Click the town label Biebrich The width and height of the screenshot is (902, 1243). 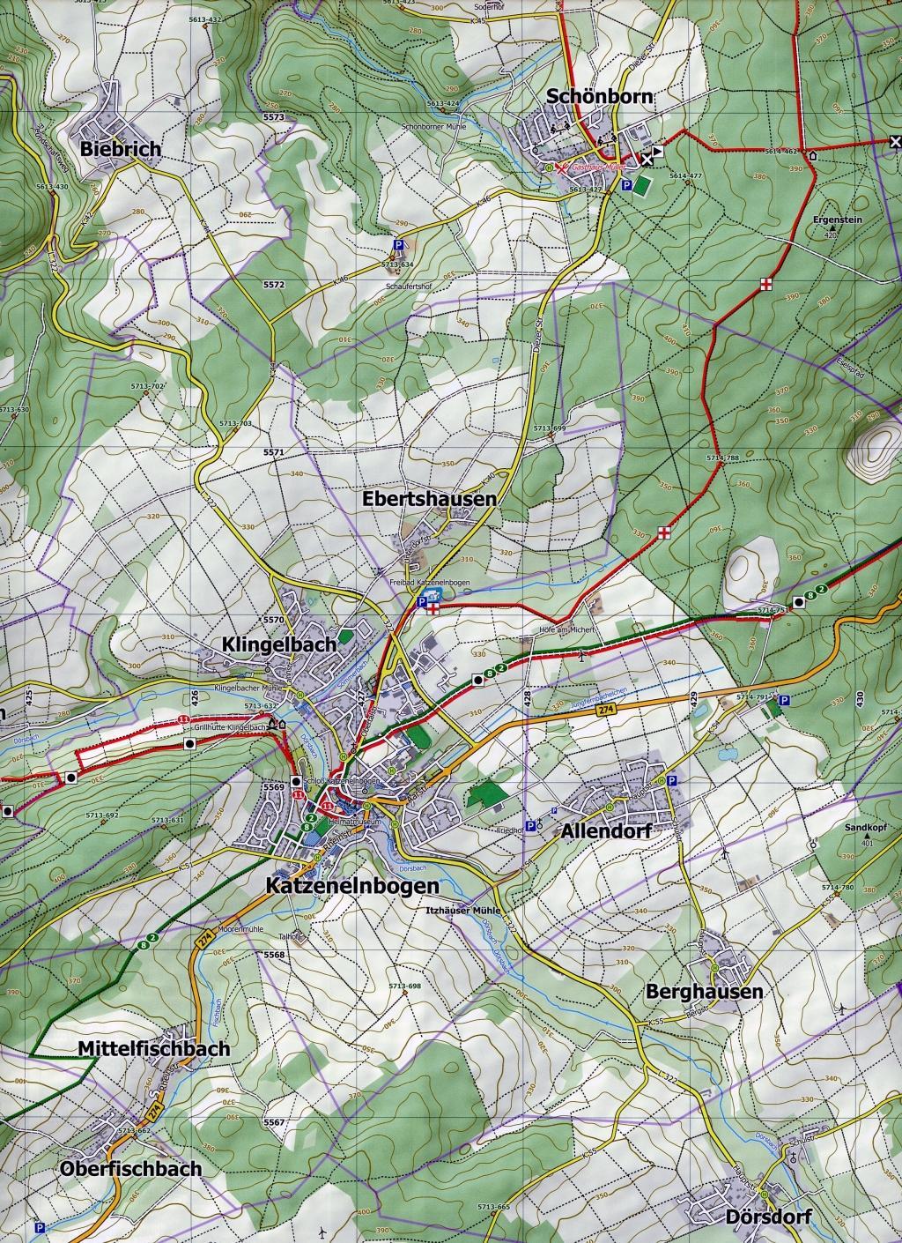tap(121, 149)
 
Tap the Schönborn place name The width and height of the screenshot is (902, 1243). tap(601, 97)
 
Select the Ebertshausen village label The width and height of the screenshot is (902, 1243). tap(430, 499)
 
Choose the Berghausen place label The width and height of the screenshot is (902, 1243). tap(704, 991)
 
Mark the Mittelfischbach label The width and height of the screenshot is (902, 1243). tap(153, 1049)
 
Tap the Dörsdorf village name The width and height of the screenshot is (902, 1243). tap(769, 1217)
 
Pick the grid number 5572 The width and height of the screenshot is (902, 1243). tap(274, 286)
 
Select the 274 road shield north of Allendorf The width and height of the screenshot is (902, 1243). tap(603, 708)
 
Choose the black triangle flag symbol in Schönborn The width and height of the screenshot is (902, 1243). tap(659, 151)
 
